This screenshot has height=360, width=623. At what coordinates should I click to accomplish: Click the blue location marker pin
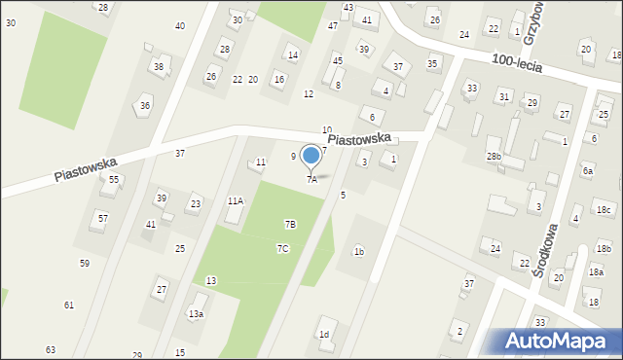click(311, 156)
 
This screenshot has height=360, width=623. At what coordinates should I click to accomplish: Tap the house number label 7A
click(311, 179)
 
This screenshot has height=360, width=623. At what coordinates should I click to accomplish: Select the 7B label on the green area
click(290, 225)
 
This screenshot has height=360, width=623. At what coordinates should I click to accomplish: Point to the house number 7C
click(282, 249)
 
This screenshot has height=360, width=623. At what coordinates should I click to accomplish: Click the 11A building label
click(236, 200)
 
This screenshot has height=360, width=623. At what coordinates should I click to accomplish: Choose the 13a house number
click(196, 313)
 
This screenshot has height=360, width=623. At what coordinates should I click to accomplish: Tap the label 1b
click(359, 253)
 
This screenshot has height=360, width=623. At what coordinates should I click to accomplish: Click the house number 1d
click(324, 335)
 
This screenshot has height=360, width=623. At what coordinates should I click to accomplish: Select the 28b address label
click(495, 156)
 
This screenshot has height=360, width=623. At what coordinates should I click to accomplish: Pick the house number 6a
click(587, 170)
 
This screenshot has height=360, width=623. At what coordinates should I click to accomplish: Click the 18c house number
click(604, 210)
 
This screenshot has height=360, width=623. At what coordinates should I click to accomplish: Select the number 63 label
click(51, 349)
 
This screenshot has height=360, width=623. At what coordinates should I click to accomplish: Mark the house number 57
click(103, 218)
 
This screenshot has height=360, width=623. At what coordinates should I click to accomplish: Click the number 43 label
click(348, 8)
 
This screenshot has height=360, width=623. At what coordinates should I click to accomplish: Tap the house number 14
click(293, 54)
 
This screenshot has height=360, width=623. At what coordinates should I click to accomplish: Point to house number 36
click(145, 105)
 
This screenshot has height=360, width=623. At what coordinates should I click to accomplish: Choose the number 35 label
click(433, 63)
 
